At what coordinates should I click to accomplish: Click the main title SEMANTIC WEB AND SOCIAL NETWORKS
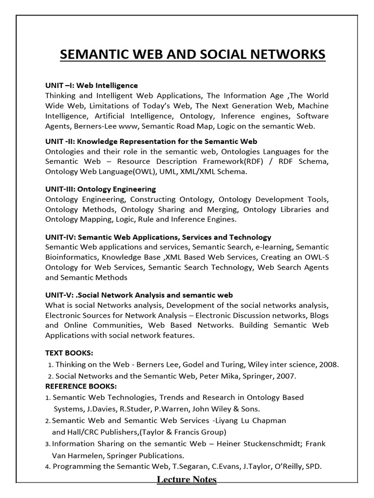coord(192,54)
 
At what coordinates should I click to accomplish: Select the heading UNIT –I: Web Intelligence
coord(92,85)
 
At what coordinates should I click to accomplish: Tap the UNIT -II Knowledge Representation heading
coord(151,142)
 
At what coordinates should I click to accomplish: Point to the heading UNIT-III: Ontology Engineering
coord(100,189)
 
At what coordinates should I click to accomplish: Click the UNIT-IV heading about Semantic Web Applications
coord(158,237)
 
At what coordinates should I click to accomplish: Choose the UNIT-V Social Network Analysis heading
coord(139,295)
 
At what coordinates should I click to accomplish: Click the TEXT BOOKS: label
coord(69,353)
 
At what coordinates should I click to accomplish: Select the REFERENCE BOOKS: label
coord(81,386)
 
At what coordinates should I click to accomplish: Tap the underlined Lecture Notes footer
coord(187,480)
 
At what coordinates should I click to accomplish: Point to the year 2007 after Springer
coord(285,376)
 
